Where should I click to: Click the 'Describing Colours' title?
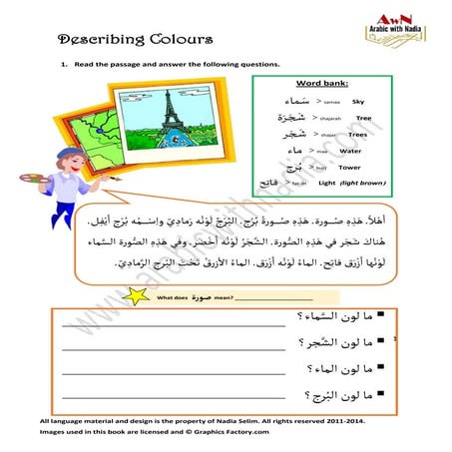point(136,40)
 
